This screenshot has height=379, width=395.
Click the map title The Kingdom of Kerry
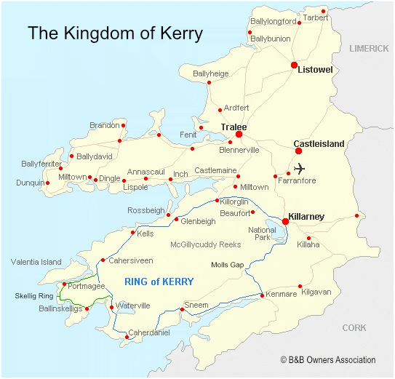(x=115, y=33)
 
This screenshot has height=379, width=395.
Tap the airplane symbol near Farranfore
(x=300, y=169)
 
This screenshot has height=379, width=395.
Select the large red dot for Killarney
(x=285, y=222)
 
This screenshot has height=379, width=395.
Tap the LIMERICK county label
(x=369, y=48)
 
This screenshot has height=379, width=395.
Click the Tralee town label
(x=234, y=127)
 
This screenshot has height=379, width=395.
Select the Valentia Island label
(x=36, y=262)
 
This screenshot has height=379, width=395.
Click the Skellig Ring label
(x=34, y=296)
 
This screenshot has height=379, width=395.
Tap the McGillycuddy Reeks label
(x=205, y=244)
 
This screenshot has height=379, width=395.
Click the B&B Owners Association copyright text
(x=328, y=359)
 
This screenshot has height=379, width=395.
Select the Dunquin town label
(x=30, y=183)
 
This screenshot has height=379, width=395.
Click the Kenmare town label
(x=282, y=294)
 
